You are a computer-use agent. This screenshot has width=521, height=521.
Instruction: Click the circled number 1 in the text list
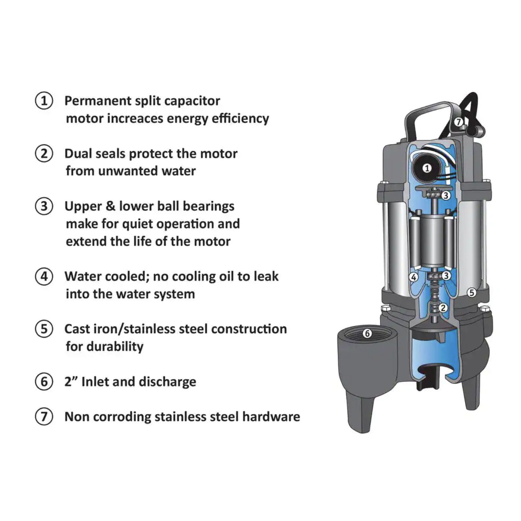(x=44, y=101)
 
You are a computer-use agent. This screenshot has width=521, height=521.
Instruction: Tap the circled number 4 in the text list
(x=44, y=277)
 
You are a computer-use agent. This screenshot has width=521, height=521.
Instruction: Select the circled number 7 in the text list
(x=44, y=417)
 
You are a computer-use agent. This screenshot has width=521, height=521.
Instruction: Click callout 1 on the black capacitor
(x=427, y=168)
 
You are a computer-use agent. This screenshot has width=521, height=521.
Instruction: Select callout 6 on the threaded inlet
(x=367, y=333)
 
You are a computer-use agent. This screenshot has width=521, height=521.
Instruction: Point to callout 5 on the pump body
(x=472, y=293)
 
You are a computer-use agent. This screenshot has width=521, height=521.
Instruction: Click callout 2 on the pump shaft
(x=442, y=308)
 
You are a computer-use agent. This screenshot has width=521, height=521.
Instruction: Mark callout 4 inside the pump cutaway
(x=414, y=277)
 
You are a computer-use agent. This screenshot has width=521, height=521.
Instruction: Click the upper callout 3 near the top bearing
(x=446, y=196)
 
